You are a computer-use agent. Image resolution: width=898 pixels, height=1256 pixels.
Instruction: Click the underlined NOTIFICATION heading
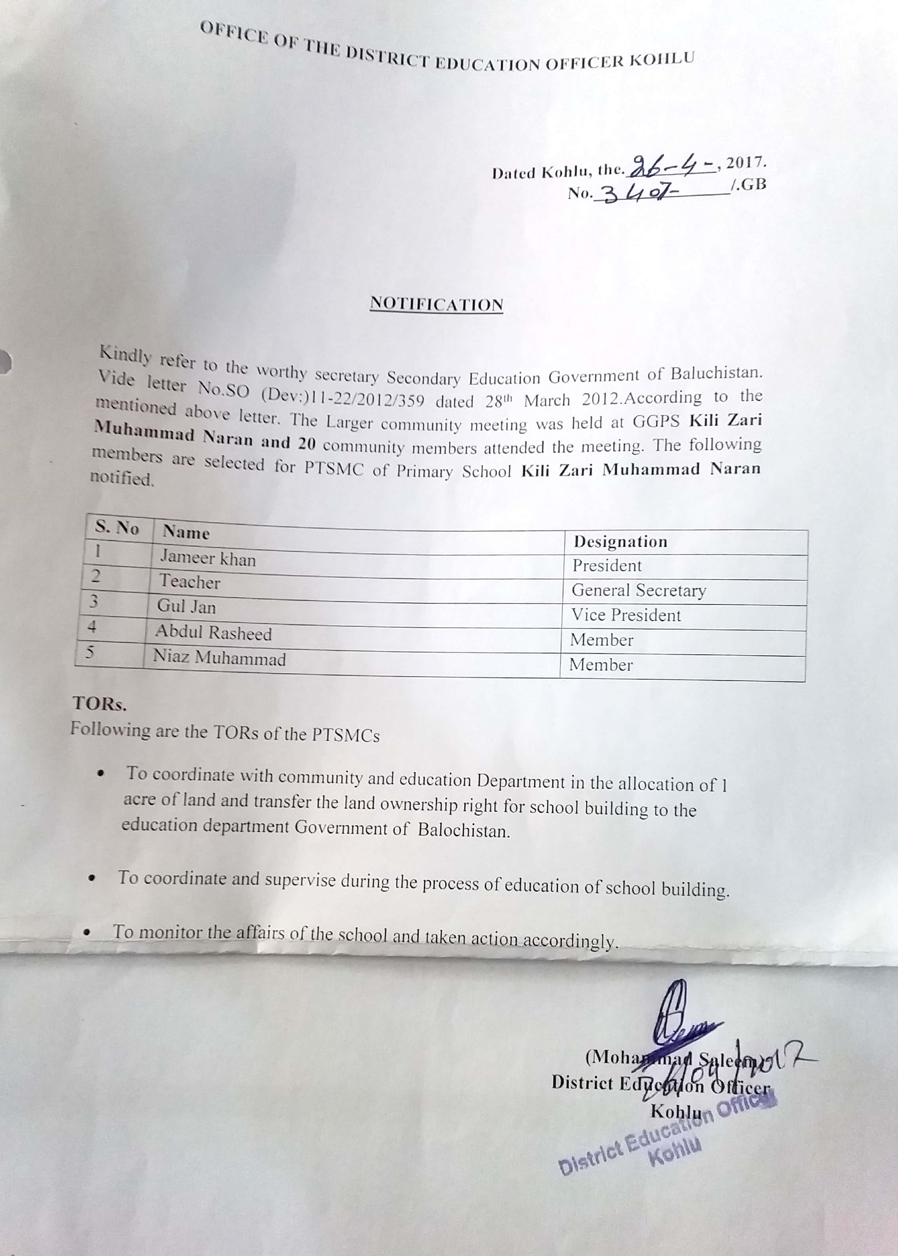click(436, 304)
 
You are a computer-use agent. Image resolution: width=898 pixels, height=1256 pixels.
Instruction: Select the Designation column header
click(620, 542)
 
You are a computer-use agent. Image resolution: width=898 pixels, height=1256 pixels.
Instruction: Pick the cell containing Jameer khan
click(208, 558)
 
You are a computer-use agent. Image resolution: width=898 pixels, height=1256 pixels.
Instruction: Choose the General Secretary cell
click(639, 590)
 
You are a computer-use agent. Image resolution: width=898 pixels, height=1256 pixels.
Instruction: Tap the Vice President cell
click(626, 615)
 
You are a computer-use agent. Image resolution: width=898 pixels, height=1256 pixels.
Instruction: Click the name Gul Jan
click(186, 607)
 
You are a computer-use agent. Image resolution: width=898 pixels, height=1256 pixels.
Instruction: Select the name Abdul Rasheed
click(213, 632)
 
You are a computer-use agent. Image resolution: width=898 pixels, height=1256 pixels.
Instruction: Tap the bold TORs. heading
click(99, 704)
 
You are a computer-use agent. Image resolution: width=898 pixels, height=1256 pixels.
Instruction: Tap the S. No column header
click(117, 527)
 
